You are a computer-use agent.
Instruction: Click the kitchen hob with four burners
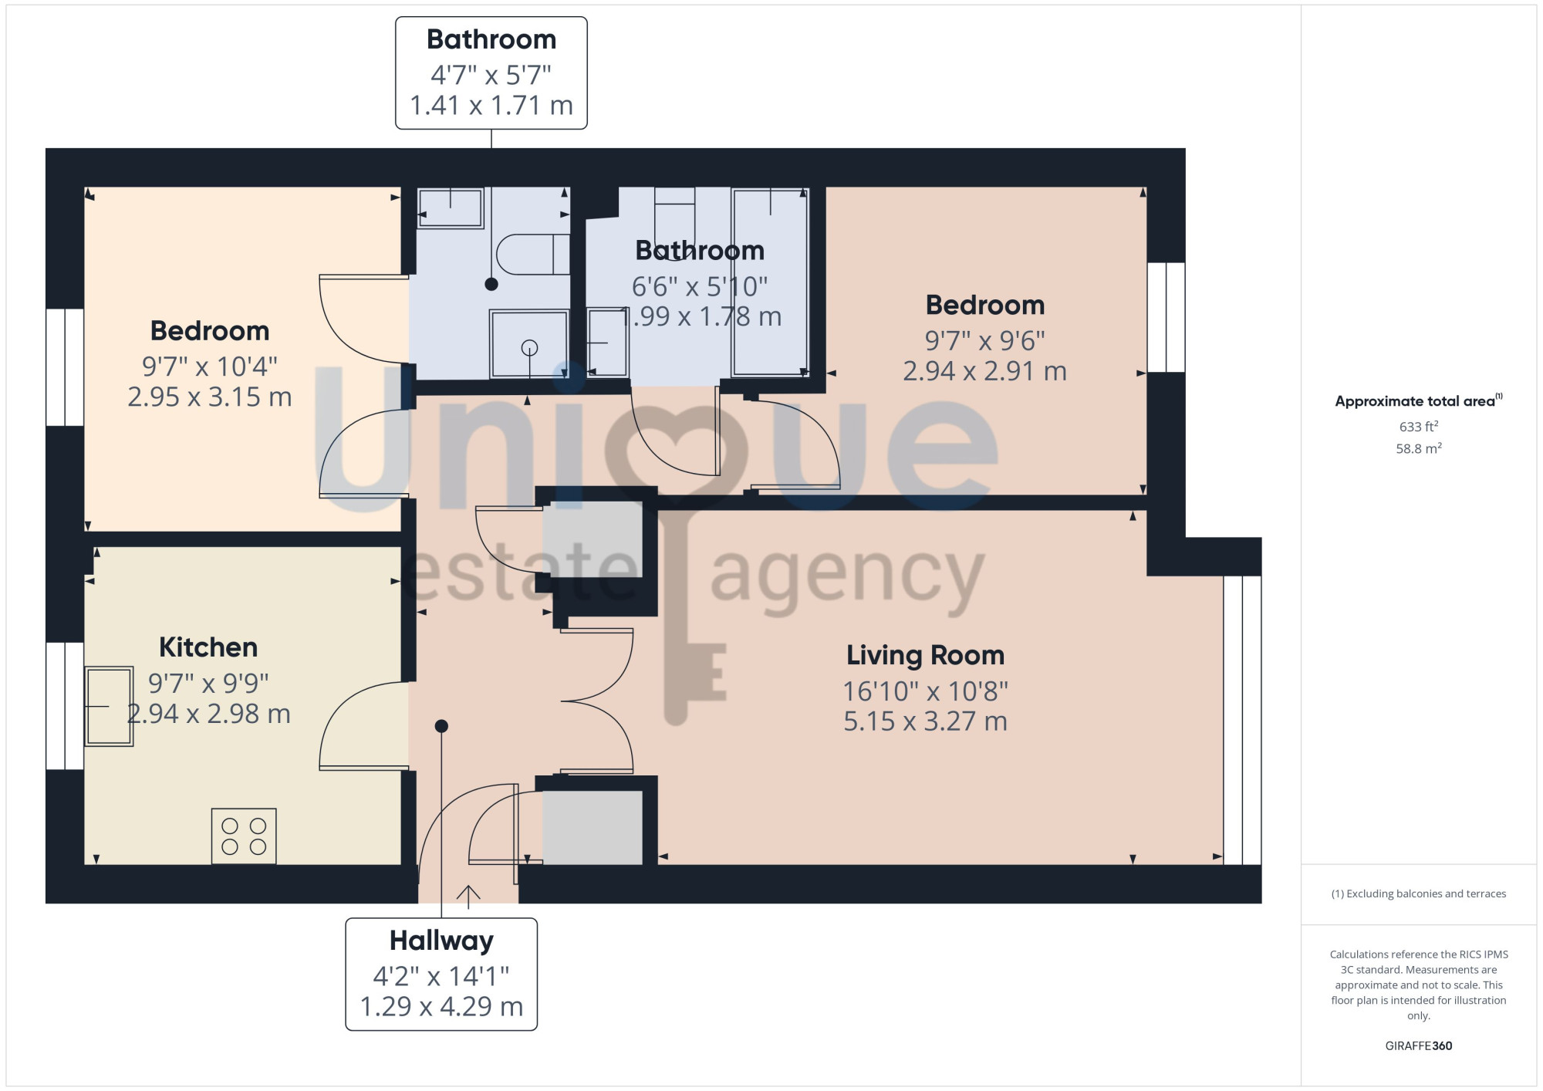pos(244,836)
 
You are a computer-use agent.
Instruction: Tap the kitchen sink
pos(109,706)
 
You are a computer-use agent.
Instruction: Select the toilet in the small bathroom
pos(532,254)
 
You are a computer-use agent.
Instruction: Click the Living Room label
pos(925,655)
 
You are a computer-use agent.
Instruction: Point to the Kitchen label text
pos(208,647)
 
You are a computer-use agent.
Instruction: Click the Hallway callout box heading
pos(441,941)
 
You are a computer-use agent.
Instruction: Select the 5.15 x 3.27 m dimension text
pos(925,721)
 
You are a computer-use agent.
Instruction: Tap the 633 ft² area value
pos(1418,426)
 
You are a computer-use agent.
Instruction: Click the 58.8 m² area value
pos(1418,448)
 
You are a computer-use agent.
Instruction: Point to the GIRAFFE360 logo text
pos(1418,1046)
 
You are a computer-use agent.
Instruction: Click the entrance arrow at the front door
pos(468,897)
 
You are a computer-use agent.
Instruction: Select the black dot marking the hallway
pos(441,726)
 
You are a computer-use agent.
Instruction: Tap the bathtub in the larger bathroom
pos(770,282)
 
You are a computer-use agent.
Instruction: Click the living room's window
pos(1242,720)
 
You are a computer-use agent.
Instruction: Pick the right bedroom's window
pos(1166,317)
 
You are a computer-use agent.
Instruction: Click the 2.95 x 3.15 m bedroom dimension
pos(210,397)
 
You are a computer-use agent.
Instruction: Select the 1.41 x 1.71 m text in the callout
pos(491,106)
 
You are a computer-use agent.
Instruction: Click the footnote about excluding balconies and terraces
pos(1418,893)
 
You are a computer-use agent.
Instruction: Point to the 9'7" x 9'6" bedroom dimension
pos(985,340)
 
